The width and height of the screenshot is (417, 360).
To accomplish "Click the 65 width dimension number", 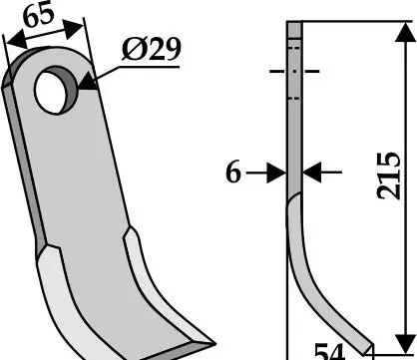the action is pos(39,16).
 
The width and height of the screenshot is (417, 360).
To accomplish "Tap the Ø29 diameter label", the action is pos(152,49).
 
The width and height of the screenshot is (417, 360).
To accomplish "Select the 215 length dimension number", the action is pos(389,176).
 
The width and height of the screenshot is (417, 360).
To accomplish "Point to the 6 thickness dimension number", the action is pos(233,173).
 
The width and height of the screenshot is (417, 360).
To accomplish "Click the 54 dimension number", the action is pos(329,352).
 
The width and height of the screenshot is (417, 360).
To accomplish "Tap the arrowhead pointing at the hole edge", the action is pos(87,81).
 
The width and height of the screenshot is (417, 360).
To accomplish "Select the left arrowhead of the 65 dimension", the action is pos(16,40).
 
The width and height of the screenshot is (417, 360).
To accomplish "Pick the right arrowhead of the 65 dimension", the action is pos(73,29).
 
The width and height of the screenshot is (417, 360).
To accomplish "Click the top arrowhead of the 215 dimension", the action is pos(405,33).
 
